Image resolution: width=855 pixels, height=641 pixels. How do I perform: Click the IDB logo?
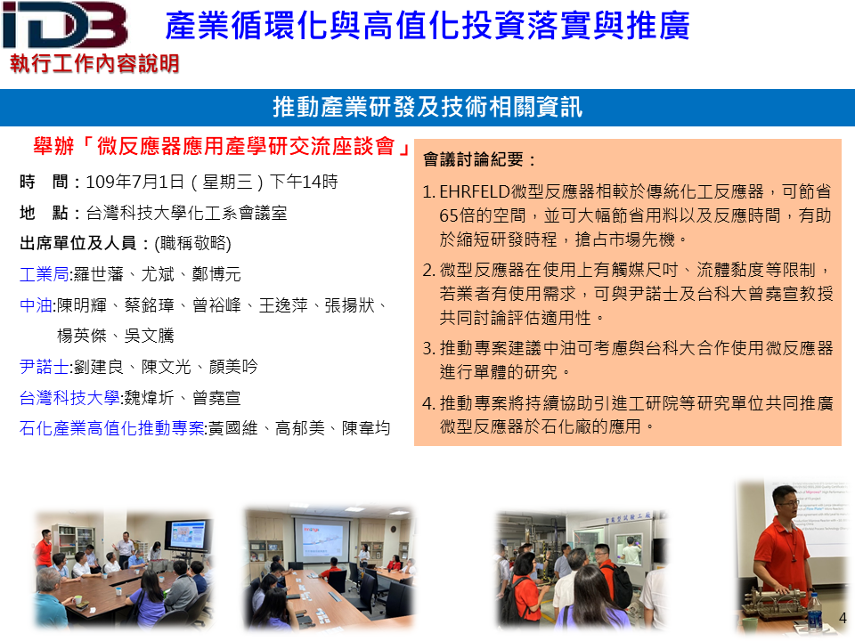point(65,25)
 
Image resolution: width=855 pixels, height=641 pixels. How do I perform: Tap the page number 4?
point(843,618)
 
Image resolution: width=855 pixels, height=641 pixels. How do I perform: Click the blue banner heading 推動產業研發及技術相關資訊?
point(427,107)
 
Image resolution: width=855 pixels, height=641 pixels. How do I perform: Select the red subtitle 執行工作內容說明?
point(94,64)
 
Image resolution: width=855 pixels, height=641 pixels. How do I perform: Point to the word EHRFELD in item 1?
point(475,191)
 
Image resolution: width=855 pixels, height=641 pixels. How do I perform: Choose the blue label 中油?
point(36,304)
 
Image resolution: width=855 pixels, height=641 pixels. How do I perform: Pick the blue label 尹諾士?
point(45,366)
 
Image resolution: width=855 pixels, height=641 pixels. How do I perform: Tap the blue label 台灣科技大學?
point(69,397)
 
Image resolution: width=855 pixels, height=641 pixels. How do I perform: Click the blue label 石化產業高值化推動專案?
point(112,428)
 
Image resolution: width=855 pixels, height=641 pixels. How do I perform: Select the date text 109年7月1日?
point(135,182)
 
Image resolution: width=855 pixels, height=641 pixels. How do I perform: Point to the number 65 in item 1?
point(449,215)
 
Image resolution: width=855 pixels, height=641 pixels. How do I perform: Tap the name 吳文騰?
point(150,336)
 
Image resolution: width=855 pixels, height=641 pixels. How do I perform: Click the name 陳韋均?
point(366,428)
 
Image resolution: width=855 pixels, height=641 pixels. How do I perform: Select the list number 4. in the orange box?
point(428,402)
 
